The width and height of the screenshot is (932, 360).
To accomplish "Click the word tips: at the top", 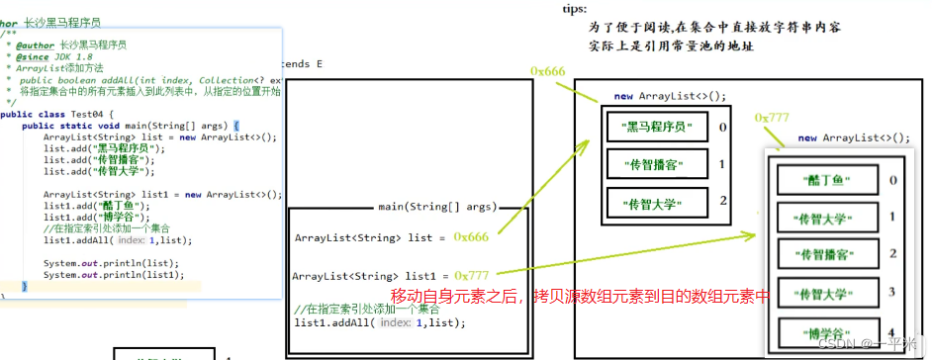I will [x=574, y=8].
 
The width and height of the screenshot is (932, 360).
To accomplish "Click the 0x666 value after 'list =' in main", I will [x=471, y=237].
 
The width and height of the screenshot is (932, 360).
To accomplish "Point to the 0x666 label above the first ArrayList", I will [x=547, y=72].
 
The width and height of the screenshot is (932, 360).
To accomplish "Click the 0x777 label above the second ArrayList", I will [x=772, y=118].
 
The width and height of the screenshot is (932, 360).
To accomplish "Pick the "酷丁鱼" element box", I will [x=813, y=180].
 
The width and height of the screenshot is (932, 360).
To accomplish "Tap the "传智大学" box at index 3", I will [x=813, y=293].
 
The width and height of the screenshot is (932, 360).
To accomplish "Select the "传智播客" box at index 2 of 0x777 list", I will [x=813, y=254].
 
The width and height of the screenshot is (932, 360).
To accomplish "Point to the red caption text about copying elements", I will [x=580, y=297].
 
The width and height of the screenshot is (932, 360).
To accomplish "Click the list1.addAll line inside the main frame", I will [x=380, y=323].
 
